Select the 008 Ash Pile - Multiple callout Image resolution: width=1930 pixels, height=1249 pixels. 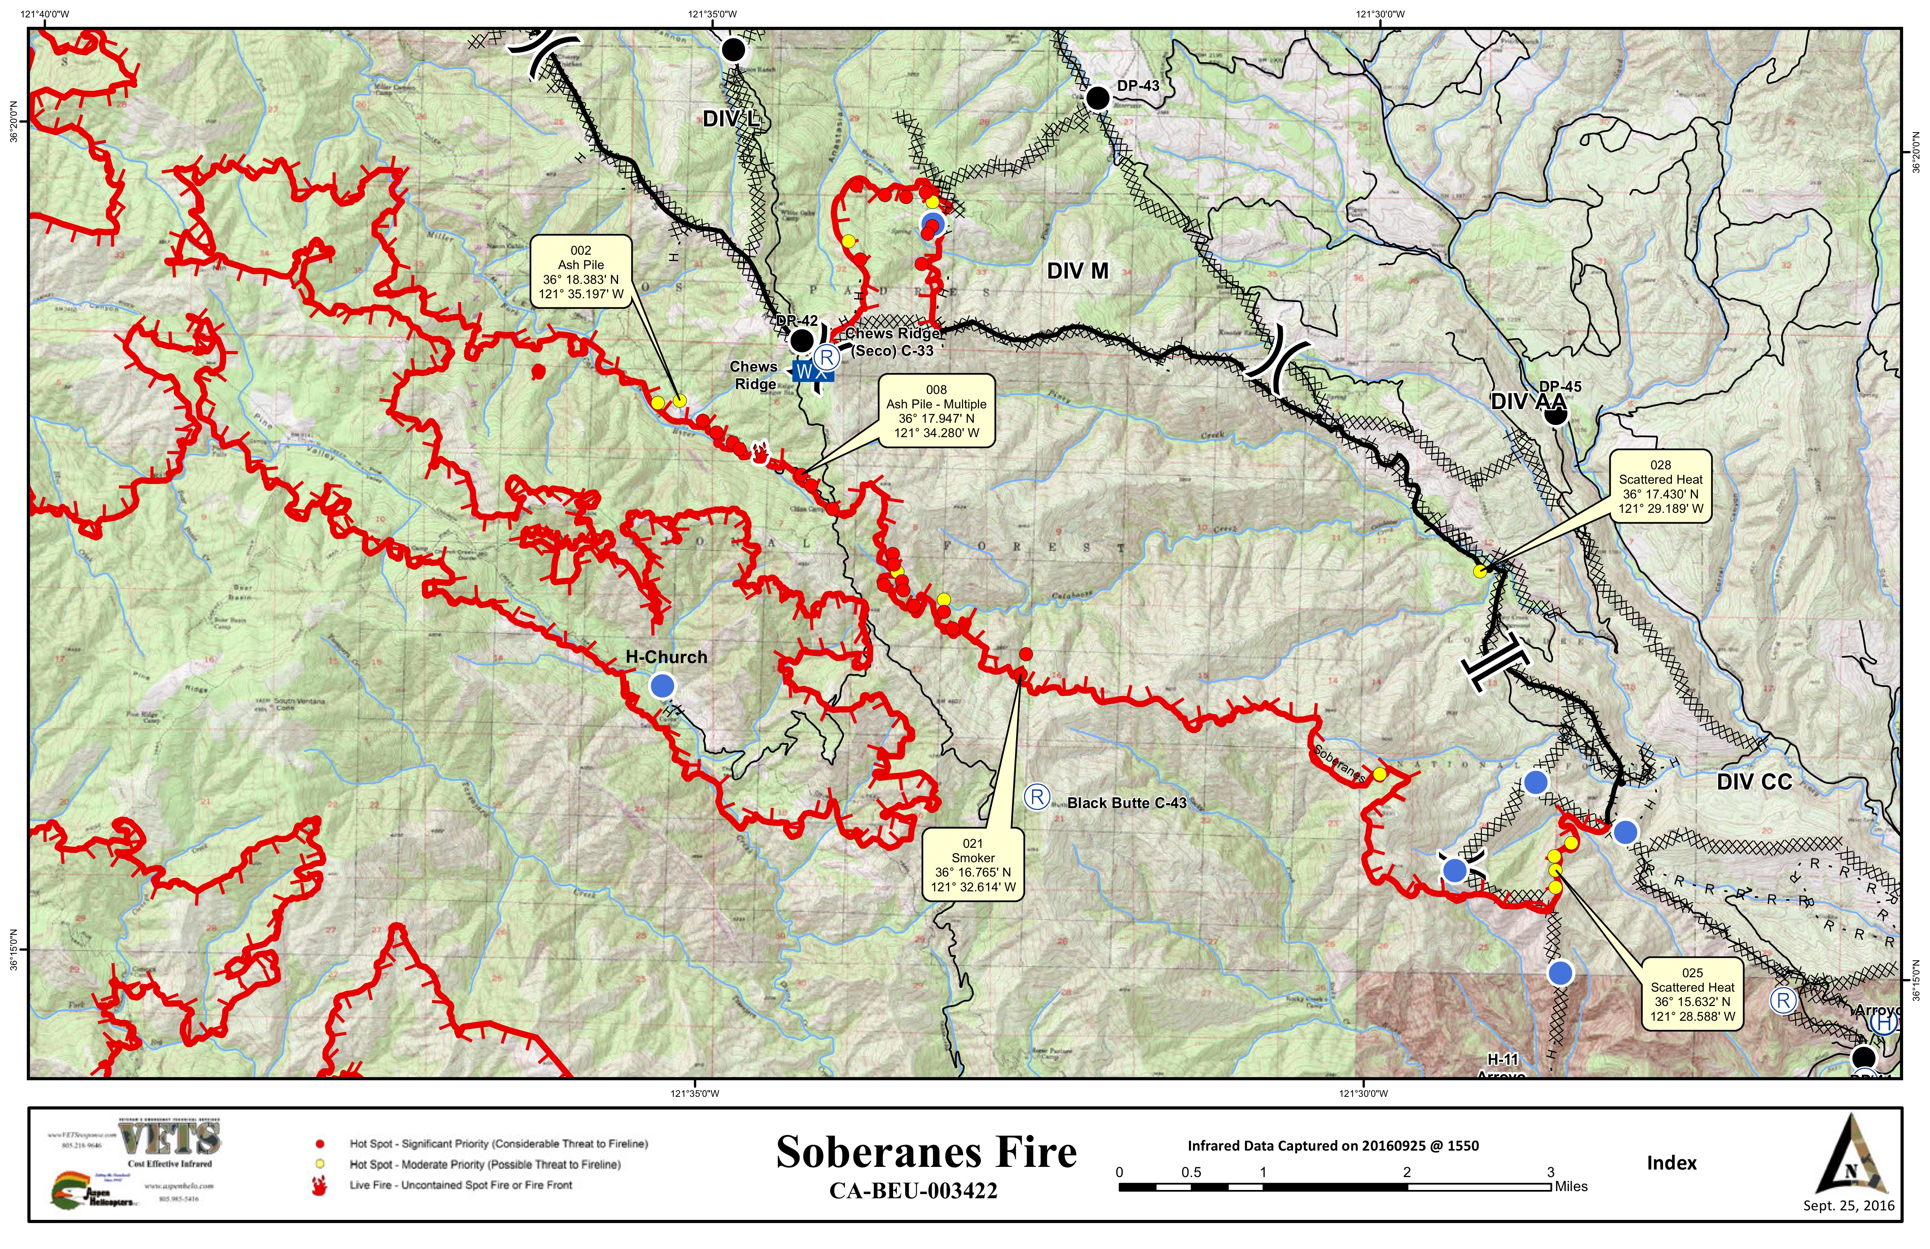point(937,411)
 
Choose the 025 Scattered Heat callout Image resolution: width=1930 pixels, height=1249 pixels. point(1692,994)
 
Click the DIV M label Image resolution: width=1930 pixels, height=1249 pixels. point(1077,271)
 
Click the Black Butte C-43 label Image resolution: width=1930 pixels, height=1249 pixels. point(1126,803)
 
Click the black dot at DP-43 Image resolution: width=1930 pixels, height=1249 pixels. point(1097,98)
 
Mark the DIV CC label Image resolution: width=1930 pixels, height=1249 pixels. point(1754,782)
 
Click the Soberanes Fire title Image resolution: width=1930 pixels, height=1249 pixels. point(926,1152)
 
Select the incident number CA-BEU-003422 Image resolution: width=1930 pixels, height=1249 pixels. point(913,1191)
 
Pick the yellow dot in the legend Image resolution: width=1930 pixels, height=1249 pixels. point(320,1164)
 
